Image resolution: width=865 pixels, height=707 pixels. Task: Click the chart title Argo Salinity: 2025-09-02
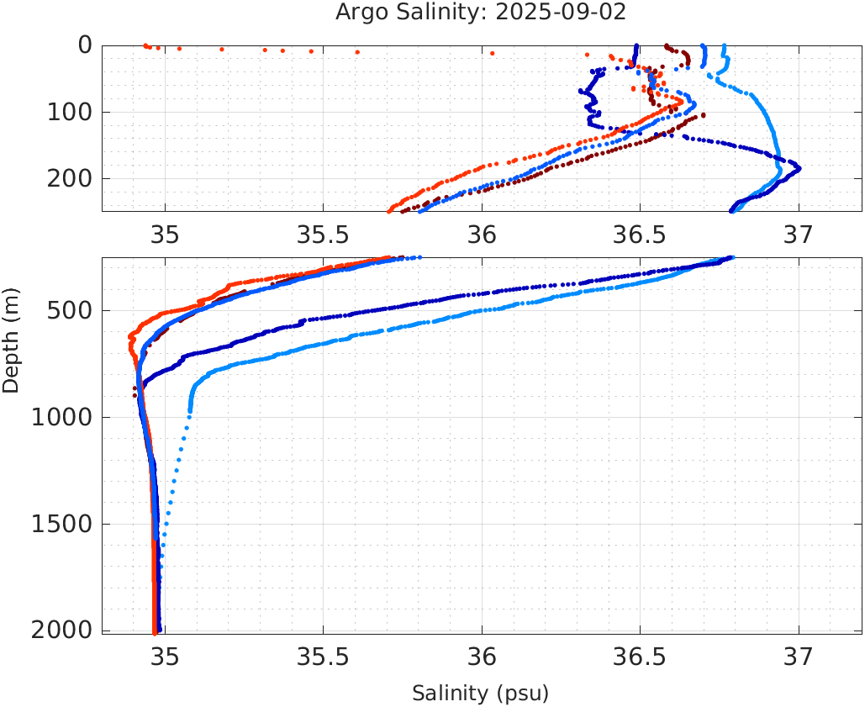[481, 13]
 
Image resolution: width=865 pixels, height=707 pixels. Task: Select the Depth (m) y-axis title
[11, 338]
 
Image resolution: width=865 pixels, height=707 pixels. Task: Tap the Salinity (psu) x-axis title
[480, 694]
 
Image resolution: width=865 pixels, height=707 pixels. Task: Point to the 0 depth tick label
[85, 45]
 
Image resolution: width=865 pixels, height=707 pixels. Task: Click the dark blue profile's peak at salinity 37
[798, 168]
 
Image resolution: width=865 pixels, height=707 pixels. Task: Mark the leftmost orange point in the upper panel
[145, 45]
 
